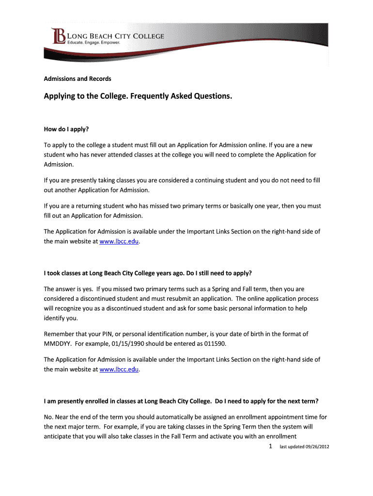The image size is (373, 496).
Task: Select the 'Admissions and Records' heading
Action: click(x=78, y=78)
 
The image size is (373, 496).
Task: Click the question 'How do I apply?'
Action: click(x=67, y=130)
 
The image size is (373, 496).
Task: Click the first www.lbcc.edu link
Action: click(x=119, y=241)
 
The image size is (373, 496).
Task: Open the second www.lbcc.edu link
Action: click(x=119, y=369)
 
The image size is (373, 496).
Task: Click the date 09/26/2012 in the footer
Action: click(x=317, y=447)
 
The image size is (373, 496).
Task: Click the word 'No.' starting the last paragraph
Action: click(x=48, y=417)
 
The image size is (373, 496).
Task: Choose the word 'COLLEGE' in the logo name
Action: click(x=147, y=36)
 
